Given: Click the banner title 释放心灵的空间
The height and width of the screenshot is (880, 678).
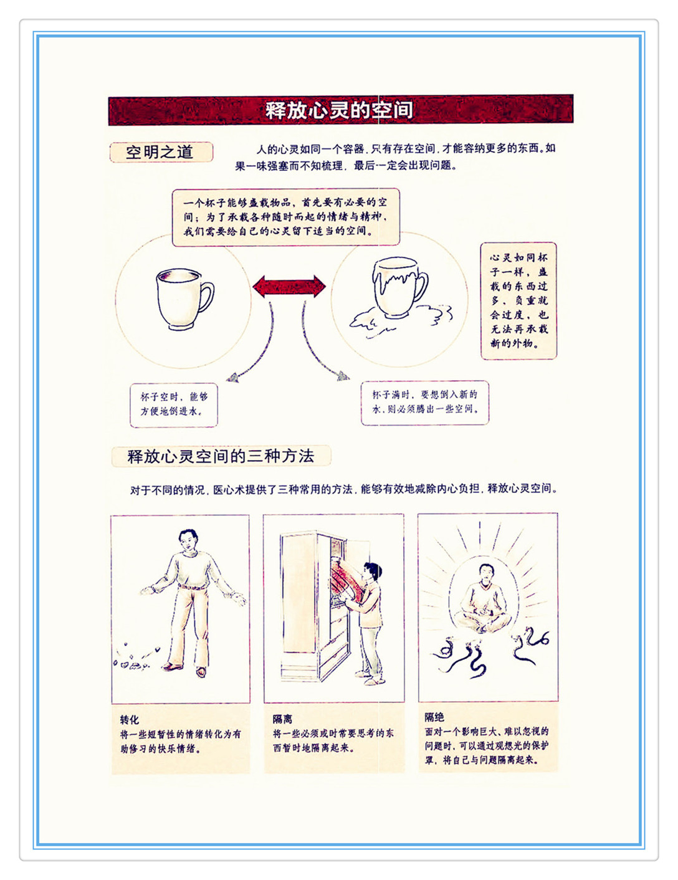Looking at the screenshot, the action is coord(338,110).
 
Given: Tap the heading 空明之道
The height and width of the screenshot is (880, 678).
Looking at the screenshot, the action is coord(160,152).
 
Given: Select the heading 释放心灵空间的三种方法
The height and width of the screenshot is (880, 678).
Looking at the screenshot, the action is coord(221,456).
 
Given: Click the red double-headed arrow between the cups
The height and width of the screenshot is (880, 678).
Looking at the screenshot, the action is coord(289,286).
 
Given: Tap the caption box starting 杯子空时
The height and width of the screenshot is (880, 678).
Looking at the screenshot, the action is coord(174,404).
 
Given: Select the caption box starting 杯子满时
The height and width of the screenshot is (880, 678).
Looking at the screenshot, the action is coord(424,403).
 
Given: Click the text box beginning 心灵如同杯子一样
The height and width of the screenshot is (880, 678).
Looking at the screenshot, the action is coord(518,300).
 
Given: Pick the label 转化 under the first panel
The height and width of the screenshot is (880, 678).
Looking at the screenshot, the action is coord(130,720).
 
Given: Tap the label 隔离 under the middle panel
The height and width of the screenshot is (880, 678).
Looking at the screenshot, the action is coord(282,719).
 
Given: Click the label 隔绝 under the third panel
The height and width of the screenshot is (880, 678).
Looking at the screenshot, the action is coord(434,717).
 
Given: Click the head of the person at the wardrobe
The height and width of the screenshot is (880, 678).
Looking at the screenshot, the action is coord(373,571).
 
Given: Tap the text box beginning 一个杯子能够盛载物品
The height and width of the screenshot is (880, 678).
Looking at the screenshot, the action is coord(286,217).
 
